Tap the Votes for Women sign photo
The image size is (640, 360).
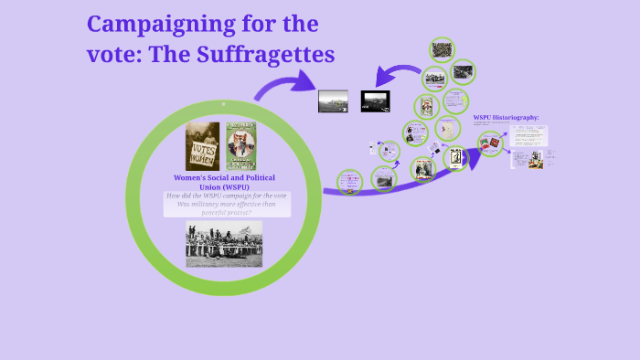coord(202,146)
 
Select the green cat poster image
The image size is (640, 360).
coord(240,146)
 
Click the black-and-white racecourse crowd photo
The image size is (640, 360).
coord(224,243)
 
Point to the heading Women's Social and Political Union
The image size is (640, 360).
coord(224,176)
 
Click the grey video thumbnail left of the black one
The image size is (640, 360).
coord(333,101)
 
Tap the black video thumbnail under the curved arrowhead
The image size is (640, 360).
coord(376,101)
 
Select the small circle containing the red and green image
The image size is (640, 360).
coord(491,143)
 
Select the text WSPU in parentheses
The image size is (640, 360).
coord(224,186)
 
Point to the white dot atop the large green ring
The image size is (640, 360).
coord(224,104)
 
